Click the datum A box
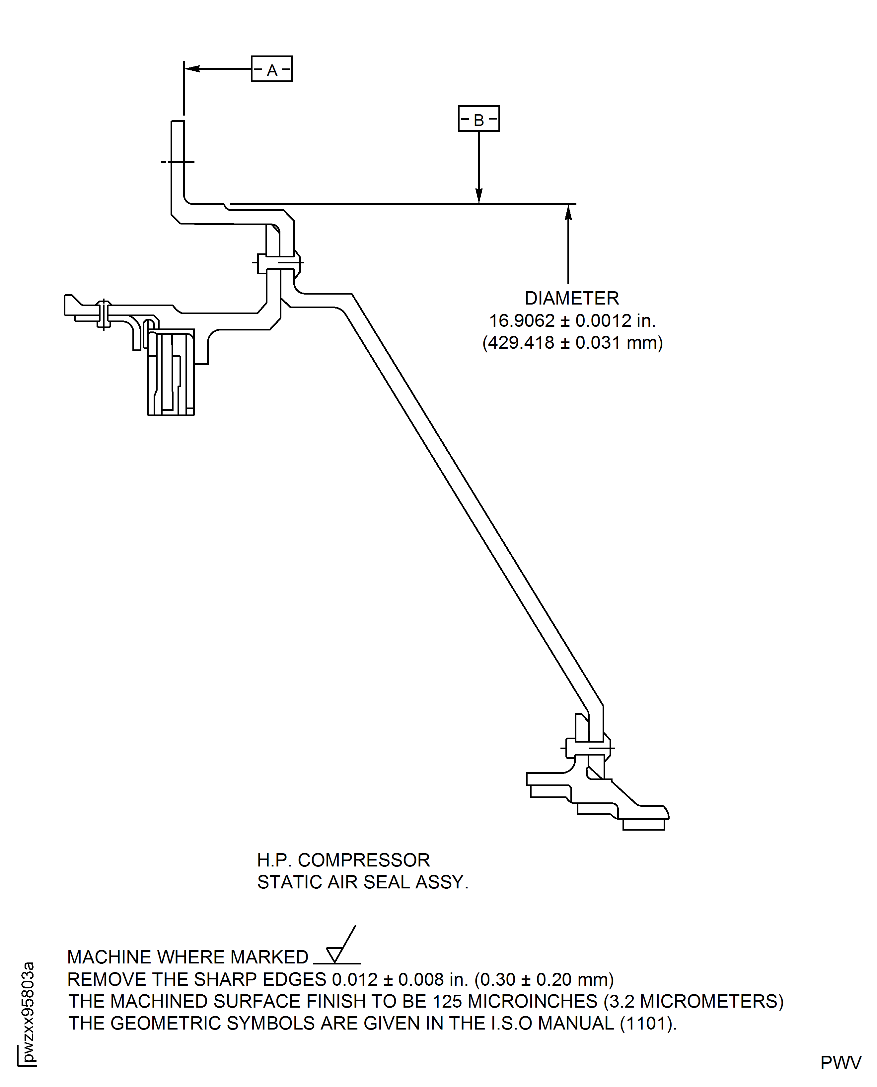pyautogui.click(x=272, y=69)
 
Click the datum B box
pyautogui.click(x=478, y=119)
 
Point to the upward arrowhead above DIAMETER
pyautogui.click(x=568, y=212)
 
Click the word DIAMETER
pyautogui.click(x=571, y=298)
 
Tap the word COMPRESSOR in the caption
pyautogui.click(x=364, y=860)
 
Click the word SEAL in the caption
pyautogui.click(x=387, y=882)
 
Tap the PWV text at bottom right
pyautogui.click(x=840, y=1063)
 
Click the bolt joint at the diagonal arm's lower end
pyautogui.click(x=588, y=748)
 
